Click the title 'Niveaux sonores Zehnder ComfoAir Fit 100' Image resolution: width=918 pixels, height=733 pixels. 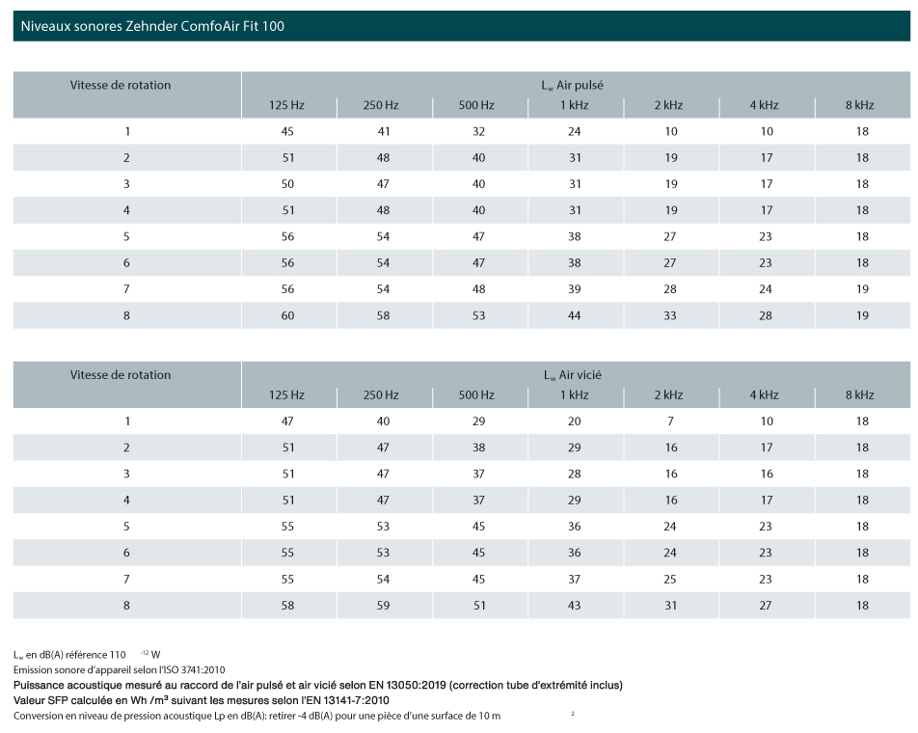pos(152,26)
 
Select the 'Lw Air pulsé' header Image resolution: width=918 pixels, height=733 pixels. pos(572,86)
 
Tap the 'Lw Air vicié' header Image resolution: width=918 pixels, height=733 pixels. pos(572,375)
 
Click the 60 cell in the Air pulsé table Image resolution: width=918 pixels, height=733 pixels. pos(287,315)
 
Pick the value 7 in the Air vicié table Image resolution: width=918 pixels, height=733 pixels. pos(670,421)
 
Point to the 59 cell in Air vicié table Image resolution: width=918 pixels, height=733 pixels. pos(383,606)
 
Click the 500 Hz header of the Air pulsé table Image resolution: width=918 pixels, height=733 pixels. pos(476,105)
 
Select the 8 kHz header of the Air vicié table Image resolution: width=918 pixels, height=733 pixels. pos(859,395)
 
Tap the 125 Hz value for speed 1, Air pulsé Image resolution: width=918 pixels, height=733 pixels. pos(287,132)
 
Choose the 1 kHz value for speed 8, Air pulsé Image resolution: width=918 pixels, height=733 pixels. pos(575,315)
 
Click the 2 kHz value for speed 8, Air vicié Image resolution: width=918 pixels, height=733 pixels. pos(670,606)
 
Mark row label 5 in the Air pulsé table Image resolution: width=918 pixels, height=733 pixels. pos(126,236)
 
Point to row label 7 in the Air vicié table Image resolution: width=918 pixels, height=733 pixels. pos(126,579)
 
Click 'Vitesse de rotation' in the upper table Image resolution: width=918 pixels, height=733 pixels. pos(121,86)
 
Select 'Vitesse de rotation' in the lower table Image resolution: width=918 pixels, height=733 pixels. pos(121,375)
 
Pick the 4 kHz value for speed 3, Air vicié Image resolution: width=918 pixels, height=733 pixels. pos(767,474)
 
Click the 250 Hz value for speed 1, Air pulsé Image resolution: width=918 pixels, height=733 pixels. pos(383,132)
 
